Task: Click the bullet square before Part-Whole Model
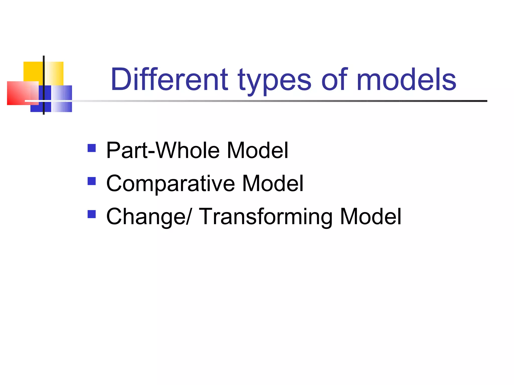92,148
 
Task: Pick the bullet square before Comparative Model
92,181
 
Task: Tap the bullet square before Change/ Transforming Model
92,214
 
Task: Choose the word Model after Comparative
273,183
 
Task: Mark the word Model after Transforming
370,217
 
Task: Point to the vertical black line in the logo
44,75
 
